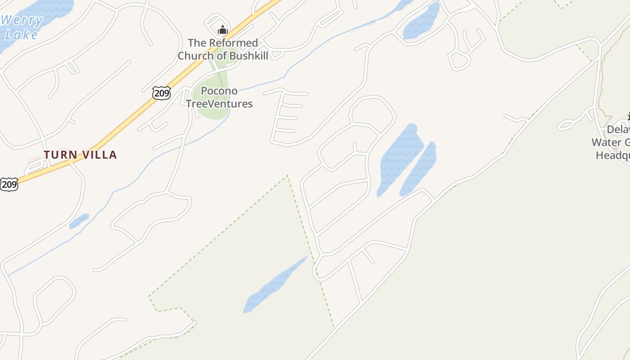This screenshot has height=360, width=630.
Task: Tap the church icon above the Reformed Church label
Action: pos(222,30)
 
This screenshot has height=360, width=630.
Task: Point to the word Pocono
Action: pos(219,91)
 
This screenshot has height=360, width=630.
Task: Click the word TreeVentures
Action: pos(219,104)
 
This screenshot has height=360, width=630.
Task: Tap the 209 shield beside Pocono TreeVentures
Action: pos(161,93)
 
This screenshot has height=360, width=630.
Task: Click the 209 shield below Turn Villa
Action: pos(9,184)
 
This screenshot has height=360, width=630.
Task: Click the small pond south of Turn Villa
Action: pos(79,221)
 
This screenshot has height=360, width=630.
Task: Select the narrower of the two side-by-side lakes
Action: pos(420,169)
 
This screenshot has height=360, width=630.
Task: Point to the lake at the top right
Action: pos(421,22)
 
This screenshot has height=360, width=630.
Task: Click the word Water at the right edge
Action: pos(607,143)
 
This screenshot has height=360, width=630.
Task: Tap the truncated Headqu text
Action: pos(612,156)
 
